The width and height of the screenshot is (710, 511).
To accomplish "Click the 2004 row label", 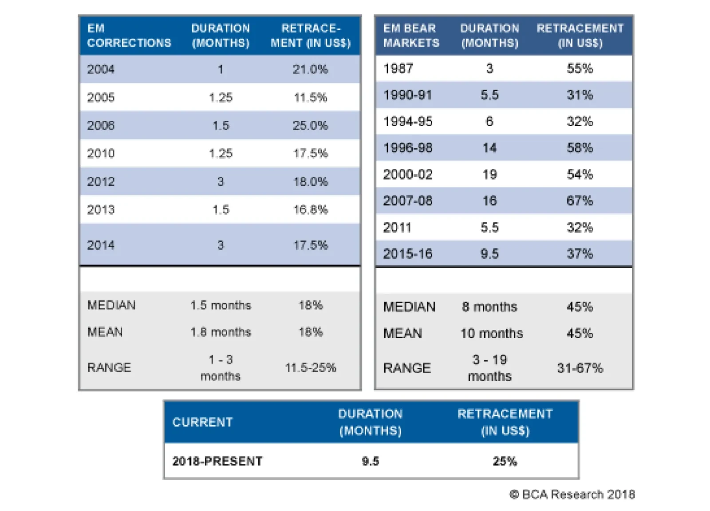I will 101,69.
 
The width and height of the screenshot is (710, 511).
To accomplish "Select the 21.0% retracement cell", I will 310,69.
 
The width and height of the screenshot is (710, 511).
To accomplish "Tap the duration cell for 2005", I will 221,97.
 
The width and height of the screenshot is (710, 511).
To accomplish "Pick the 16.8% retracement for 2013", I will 310,210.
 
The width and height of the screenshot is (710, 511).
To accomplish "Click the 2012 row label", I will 101,182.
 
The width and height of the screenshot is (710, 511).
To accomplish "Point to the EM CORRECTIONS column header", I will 129,36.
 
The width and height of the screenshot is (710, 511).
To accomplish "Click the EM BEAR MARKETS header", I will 411,36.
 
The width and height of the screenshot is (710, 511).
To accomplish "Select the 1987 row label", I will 398,68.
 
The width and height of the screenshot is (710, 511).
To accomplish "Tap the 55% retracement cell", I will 580,68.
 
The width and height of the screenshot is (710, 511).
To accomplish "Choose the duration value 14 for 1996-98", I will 489,148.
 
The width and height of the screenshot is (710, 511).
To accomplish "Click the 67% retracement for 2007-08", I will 580,201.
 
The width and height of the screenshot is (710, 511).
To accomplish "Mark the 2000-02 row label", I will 408,175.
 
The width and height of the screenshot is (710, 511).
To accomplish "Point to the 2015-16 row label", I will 408,254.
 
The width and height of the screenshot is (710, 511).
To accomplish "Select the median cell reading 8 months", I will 489,307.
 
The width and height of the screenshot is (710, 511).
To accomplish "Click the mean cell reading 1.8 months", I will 221,332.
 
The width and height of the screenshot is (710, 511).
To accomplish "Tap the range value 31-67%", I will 580,368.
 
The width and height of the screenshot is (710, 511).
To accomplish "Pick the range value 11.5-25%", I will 310,367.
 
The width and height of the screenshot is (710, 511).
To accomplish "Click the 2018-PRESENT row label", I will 217,461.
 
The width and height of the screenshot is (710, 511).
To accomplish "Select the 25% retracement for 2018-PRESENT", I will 505,461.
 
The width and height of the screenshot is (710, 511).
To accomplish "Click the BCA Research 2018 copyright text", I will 572,495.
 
